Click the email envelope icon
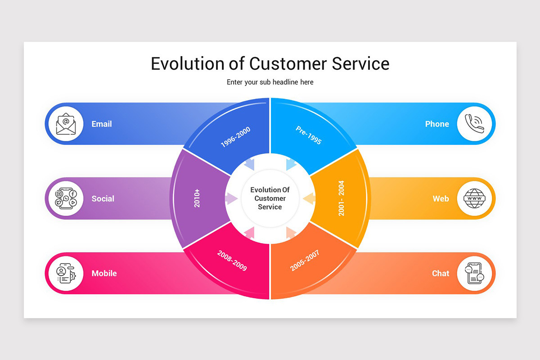(66, 124)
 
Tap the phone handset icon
(475, 124)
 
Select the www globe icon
(475, 198)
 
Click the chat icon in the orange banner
(475, 273)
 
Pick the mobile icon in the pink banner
(66, 273)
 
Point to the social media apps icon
(66, 198)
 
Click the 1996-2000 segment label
(235, 137)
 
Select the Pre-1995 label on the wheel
(309, 135)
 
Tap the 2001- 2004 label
(341, 198)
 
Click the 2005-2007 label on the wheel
(305, 261)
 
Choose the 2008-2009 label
(232, 261)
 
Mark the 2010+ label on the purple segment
(197, 198)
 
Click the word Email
(102, 124)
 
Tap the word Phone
(437, 124)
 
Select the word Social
(103, 198)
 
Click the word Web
(441, 198)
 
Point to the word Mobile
(104, 273)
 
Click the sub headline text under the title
(270, 82)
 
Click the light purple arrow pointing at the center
(231, 198)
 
